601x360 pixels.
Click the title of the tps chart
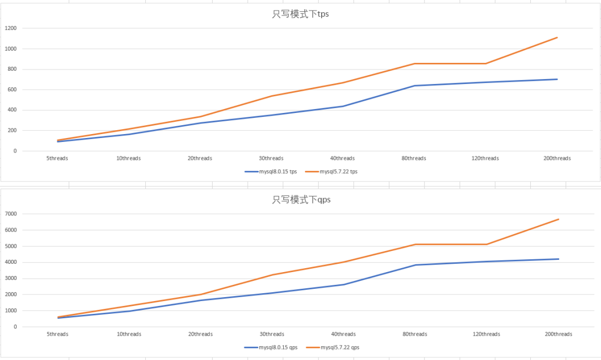coord(300,14)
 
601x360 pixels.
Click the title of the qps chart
coord(301,199)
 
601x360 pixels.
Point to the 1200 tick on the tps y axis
coord(11,28)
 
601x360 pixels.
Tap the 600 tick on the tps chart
coord(12,90)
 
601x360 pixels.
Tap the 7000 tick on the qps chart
coord(11,214)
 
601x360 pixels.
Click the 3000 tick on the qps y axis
coord(11,278)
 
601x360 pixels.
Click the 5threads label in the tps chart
coord(57,159)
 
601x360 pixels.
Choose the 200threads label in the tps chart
coord(557,159)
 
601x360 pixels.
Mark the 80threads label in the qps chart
coord(415,334)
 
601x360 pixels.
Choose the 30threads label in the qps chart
coord(272,334)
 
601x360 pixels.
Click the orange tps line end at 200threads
coord(557,38)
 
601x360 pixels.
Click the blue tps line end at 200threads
coord(557,79)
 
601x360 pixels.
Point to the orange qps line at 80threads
coord(415,244)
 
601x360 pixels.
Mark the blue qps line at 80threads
coord(415,265)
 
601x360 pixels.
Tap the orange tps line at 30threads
coord(272,96)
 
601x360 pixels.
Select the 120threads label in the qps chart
coord(486,334)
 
